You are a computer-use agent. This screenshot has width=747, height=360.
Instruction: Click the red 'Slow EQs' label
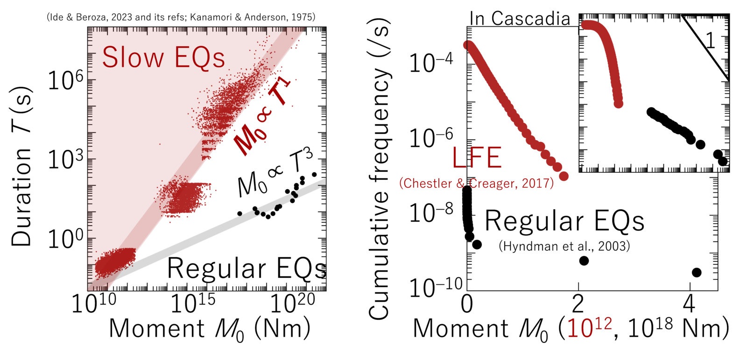pyautogui.click(x=163, y=57)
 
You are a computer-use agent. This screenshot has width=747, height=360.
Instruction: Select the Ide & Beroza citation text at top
pyautogui.click(x=181, y=17)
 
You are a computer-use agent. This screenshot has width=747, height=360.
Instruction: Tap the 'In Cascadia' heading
pyautogui.click(x=520, y=19)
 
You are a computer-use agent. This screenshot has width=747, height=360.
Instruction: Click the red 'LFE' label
pyautogui.click(x=477, y=157)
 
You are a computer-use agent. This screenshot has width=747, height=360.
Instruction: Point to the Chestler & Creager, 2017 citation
pyautogui.click(x=477, y=183)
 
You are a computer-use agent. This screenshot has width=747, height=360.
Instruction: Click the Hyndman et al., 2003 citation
pyautogui.click(x=564, y=246)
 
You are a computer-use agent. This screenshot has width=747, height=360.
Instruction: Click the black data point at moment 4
pyautogui.click(x=697, y=272)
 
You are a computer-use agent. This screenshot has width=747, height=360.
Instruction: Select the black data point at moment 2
pyautogui.click(x=584, y=261)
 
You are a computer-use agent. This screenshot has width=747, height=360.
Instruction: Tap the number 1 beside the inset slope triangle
pyautogui.click(x=710, y=41)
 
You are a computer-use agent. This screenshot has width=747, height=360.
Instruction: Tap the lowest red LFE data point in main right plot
pyautogui.click(x=564, y=176)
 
